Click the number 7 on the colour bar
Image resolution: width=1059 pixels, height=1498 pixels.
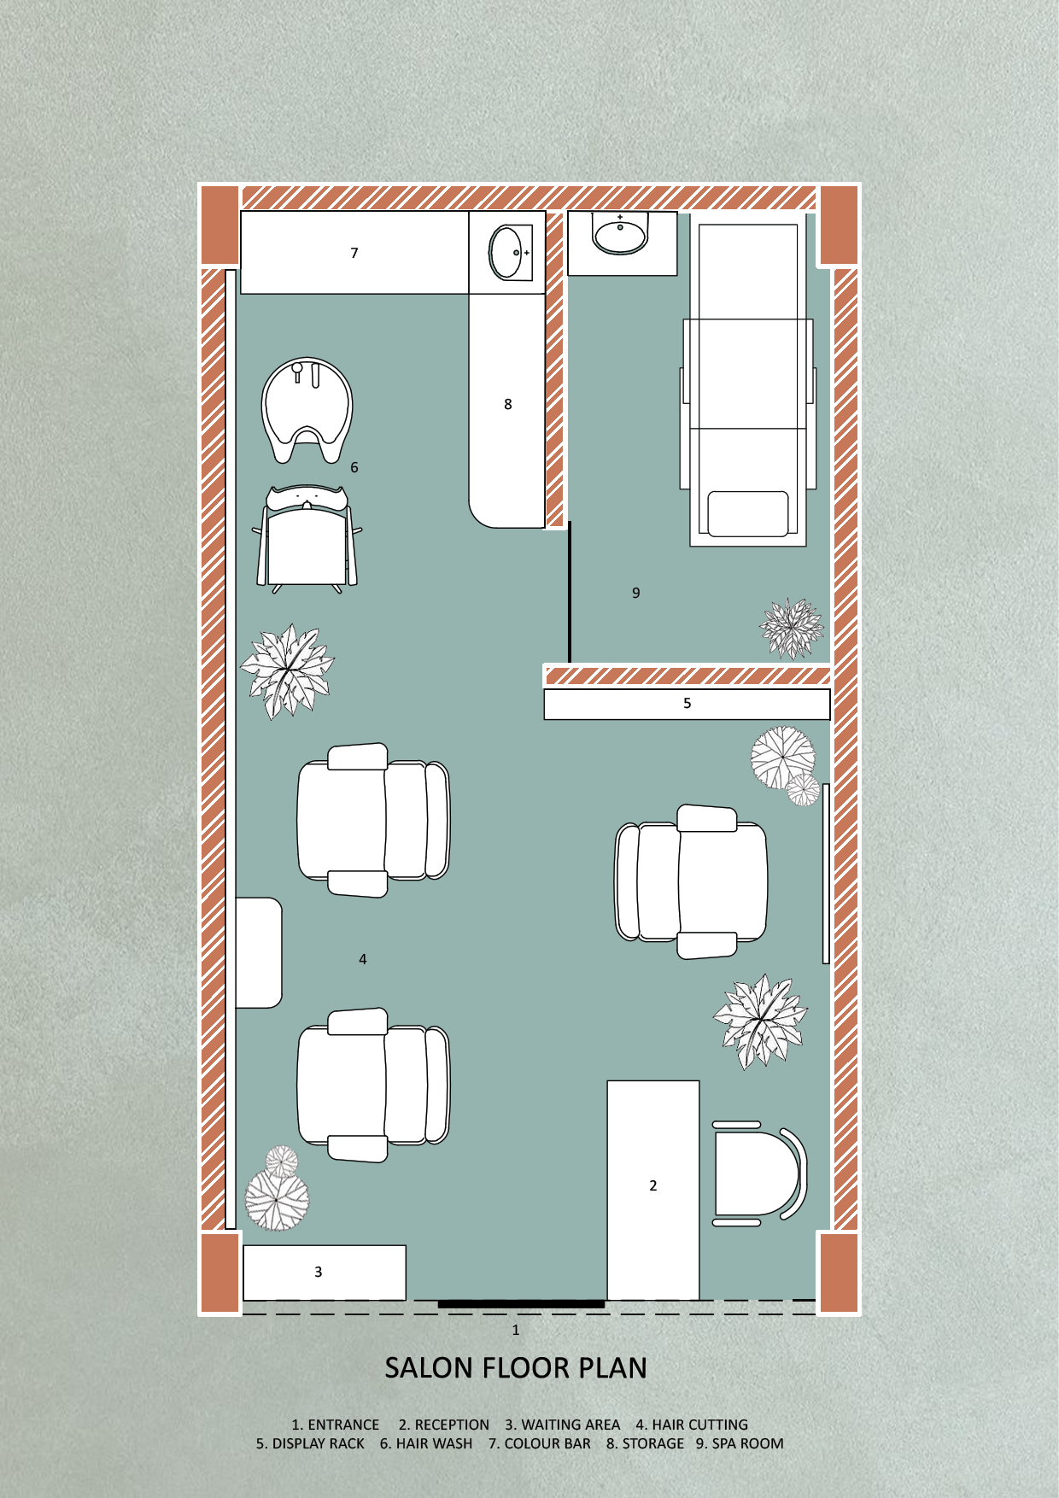354,253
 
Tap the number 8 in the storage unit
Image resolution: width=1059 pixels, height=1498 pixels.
508,404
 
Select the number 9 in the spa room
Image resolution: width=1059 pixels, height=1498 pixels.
635,593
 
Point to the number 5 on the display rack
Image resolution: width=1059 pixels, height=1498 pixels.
687,704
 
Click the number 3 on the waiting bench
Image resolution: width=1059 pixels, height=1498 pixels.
319,1272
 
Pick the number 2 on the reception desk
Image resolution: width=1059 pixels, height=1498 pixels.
653,1185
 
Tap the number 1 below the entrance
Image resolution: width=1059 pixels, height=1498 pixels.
515,1331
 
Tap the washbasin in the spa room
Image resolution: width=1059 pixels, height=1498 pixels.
621,233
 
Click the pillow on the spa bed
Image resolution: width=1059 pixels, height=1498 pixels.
748,513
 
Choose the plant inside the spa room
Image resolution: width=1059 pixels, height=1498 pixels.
792,629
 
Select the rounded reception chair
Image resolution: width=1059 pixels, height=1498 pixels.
758,1173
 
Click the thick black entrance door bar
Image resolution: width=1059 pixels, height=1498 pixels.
521,1304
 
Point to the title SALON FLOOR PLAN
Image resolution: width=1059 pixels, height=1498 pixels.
516,1368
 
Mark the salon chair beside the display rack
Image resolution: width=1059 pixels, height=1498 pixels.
691,881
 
